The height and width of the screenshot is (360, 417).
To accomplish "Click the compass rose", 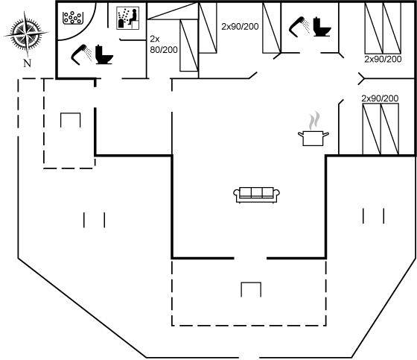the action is click(26, 34).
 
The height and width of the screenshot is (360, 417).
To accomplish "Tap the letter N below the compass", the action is click(28, 63).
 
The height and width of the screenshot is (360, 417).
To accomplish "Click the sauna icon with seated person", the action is click(128, 18).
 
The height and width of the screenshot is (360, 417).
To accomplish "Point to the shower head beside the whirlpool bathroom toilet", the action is click(81, 54).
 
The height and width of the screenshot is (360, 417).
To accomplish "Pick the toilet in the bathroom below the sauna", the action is click(104, 54).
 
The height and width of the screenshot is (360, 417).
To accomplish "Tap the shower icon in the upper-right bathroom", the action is click(299, 27).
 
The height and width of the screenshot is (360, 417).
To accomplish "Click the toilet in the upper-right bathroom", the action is click(322, 27).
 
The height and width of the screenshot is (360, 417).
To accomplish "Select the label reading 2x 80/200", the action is click(164, 44).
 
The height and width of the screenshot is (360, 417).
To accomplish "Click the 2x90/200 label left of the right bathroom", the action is click(240, 26).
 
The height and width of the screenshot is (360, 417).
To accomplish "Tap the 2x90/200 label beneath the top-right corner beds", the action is click(383, 59).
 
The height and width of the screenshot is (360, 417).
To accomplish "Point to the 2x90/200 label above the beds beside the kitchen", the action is click(380, 98).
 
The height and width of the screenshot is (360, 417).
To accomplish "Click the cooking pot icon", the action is click(313, 138).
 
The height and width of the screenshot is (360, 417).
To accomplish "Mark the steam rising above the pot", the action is click(314, 121).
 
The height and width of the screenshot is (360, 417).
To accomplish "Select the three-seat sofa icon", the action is click(256, 195).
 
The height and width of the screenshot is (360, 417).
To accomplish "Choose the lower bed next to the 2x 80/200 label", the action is click(189, 45).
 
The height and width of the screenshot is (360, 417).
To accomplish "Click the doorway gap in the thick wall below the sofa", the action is click(250, 258).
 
